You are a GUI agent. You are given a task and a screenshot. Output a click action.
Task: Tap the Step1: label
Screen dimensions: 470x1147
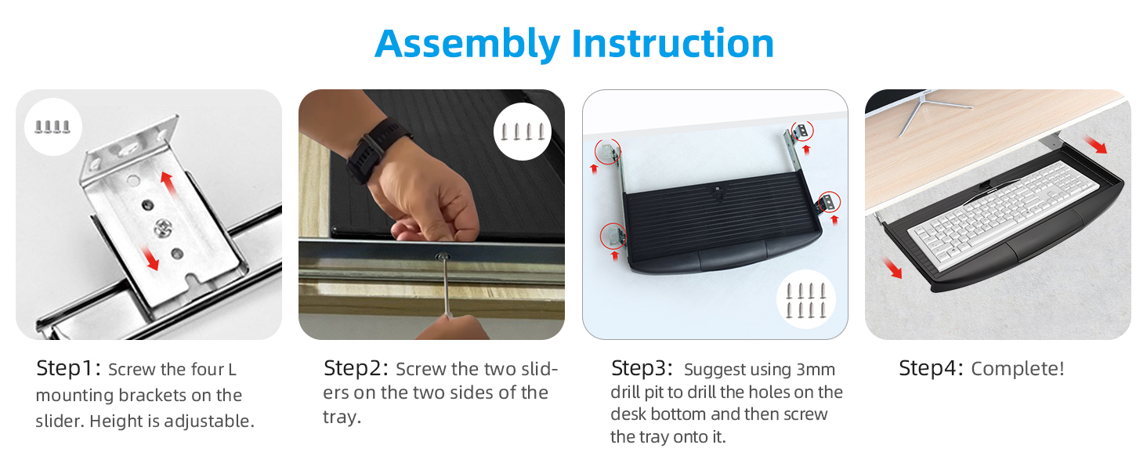(69, 369)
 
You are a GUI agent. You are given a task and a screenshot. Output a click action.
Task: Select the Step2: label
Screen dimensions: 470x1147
(356, 368)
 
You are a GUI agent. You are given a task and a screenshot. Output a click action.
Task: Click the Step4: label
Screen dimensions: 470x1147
(931, 368)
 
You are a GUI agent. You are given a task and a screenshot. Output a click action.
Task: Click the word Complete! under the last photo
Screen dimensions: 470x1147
(1018, 369)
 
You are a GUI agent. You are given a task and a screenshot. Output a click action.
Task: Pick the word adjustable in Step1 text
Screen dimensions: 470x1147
(209, 421)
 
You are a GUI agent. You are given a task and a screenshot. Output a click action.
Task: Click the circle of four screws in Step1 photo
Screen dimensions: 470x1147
(52, 126)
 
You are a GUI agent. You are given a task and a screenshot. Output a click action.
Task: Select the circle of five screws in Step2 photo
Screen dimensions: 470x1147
(522, 131)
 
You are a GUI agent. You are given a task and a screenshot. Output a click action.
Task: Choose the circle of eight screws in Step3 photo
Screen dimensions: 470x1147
(805, 300)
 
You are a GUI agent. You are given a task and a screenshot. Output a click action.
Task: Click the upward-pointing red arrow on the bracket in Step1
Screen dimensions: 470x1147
(168, 181)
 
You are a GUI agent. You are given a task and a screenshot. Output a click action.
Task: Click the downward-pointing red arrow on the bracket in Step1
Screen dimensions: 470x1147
(150, 258)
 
